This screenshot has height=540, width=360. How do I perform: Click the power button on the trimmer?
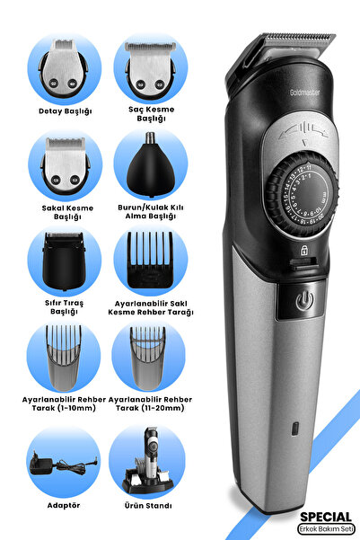[x=304, y=301]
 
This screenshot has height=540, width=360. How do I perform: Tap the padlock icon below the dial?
[x=304, y=251]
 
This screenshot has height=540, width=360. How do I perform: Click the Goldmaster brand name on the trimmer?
[x=304, y=93]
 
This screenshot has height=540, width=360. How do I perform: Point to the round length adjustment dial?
[x=303, y=196]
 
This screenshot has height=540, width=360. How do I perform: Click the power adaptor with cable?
[x=63, y=464]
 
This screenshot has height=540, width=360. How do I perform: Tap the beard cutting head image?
[x=66, y=165]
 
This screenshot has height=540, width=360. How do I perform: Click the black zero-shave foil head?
[x=64, y=261]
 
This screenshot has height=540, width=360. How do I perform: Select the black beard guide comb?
[x=150, y=260]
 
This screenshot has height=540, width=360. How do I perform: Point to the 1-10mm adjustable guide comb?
[x=64, y=358]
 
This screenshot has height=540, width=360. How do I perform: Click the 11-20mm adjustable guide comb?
[x=147, y=359]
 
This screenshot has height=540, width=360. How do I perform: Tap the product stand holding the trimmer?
[x=147, y=460]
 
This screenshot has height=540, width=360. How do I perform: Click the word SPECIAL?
[x=326, y=517]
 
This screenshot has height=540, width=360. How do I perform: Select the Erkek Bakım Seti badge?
[x=326, y=528]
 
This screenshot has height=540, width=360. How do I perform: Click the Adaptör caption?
[x=64, y=506]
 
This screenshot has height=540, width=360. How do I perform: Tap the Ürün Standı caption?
[x=148, y=506]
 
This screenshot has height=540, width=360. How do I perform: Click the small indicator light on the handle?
[x=295, y=429]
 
